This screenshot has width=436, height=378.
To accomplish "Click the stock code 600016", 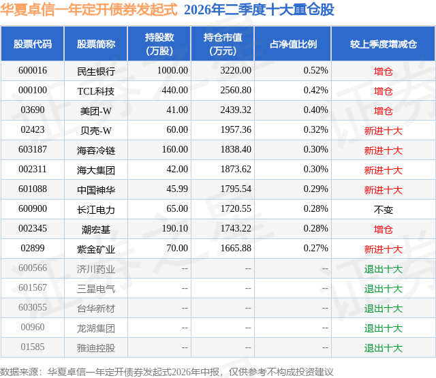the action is point(33,71).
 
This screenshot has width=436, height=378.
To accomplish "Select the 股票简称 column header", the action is point(96,44).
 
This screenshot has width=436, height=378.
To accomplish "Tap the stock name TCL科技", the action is point(96,91).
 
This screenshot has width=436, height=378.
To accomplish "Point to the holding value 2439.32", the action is point(236,110).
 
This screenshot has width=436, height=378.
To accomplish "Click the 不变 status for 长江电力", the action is point(383,210).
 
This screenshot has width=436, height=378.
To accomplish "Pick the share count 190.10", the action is point(175,228).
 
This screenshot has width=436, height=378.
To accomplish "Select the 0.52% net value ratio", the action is point(316,71).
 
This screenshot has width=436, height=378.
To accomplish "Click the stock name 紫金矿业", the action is point(96,249).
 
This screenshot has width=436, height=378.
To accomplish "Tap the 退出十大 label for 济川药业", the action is point(383,269).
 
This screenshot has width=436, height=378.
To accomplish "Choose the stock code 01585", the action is point(33,347).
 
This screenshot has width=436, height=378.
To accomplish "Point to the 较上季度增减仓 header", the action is point(383,44).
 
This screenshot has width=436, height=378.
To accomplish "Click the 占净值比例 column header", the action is point(293,44).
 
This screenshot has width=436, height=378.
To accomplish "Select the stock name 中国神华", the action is point(96,190).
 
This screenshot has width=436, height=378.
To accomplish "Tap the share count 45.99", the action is point(177,189).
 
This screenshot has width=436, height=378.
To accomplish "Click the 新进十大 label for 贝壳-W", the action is point(383,131).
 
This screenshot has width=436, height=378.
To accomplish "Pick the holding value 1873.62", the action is point(236,170).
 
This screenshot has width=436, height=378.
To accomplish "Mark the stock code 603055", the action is point(33,307).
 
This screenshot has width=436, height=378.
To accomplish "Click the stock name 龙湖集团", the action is point(96,328).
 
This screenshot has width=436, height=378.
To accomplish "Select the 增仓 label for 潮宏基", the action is point(383,230).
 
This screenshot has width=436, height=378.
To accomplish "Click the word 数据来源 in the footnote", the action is point(18,372).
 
